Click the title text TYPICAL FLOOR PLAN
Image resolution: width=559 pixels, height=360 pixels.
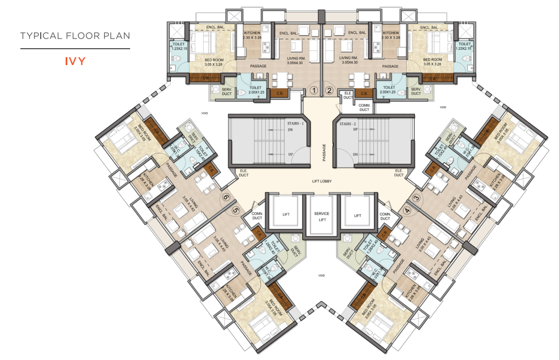point(75,36)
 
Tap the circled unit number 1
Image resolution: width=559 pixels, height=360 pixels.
point(316,90)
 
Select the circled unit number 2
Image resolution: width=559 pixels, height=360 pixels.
point(329,90)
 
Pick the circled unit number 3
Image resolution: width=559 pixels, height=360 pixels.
point(416,198)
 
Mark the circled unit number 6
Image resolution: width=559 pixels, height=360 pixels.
point(227,198)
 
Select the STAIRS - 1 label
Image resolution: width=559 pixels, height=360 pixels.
point(294,123)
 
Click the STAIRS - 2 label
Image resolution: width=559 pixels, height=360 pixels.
point(348,123)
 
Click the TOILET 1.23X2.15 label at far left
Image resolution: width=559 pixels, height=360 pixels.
point(179,46)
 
